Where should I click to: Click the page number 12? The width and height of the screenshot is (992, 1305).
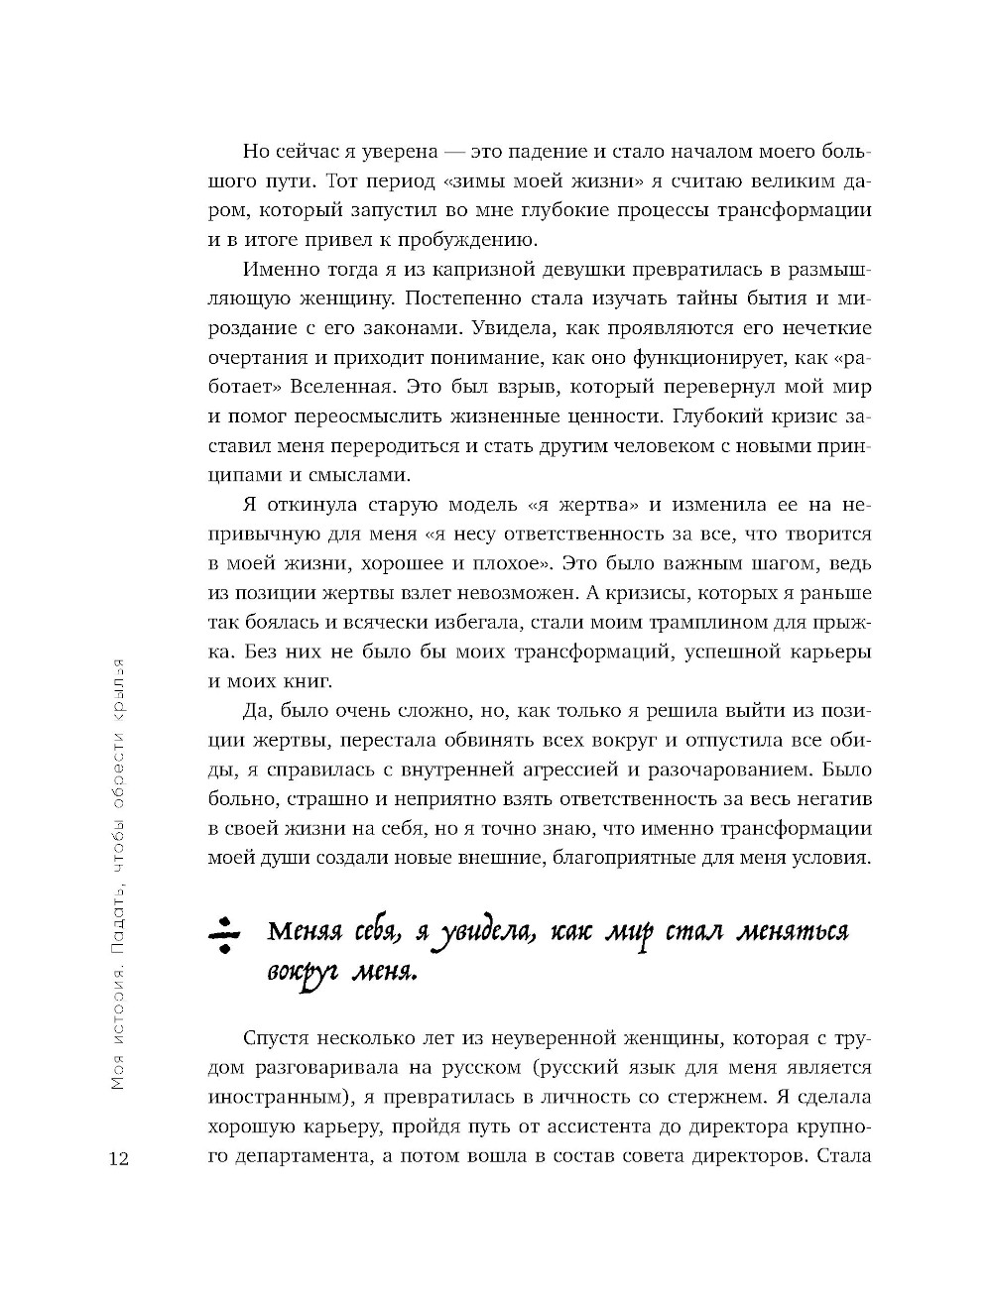[x=121, y=1159]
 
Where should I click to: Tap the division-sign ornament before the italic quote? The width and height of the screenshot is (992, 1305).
[x=225, y=934]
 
